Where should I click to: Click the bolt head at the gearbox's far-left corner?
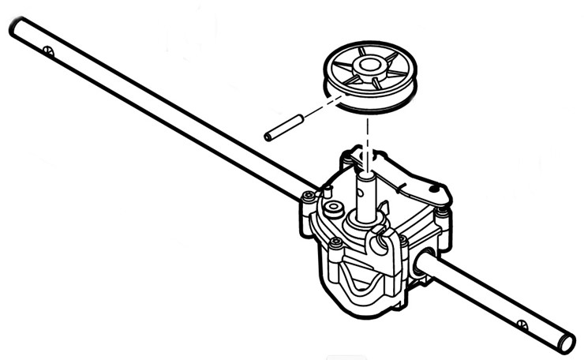[x=307, y=197]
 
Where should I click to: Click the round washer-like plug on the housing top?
[x=331, y=208]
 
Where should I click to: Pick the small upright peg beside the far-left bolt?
[x=322, y=192]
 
